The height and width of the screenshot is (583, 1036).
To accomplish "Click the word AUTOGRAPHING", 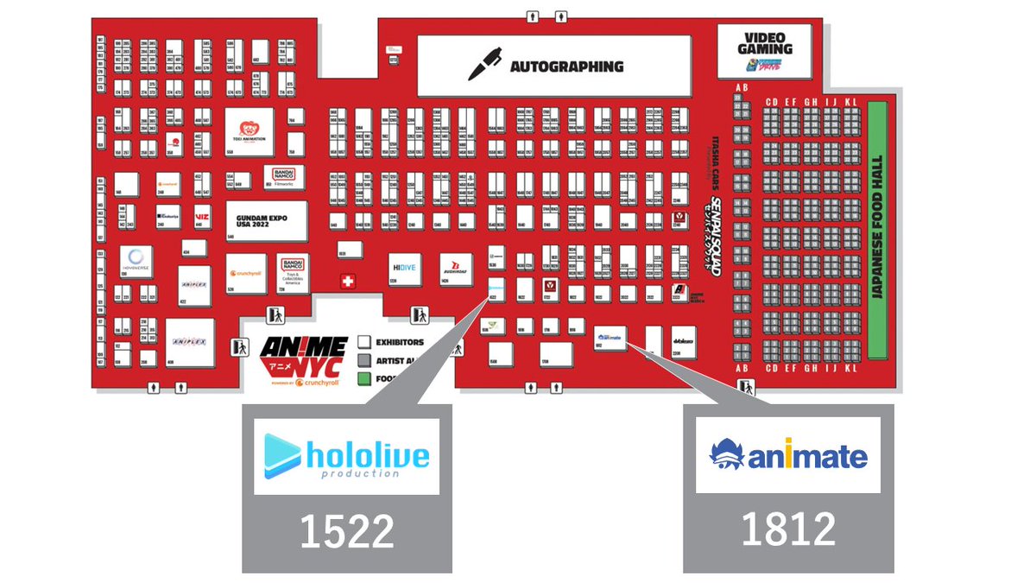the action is pos(566,67).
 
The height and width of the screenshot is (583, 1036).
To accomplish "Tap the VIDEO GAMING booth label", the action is pos(765,44).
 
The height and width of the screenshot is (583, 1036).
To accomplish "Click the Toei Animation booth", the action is pos(250,131).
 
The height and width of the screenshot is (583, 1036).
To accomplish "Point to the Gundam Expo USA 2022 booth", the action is pos(267,220).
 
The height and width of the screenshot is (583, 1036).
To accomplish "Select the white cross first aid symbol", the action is pos(348,282).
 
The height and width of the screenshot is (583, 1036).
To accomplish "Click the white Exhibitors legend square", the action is pos(364,342).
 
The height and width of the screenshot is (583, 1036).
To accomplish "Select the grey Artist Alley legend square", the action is pos(364,360).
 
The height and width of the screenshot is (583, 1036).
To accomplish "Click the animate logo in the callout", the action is pos(788,454).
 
